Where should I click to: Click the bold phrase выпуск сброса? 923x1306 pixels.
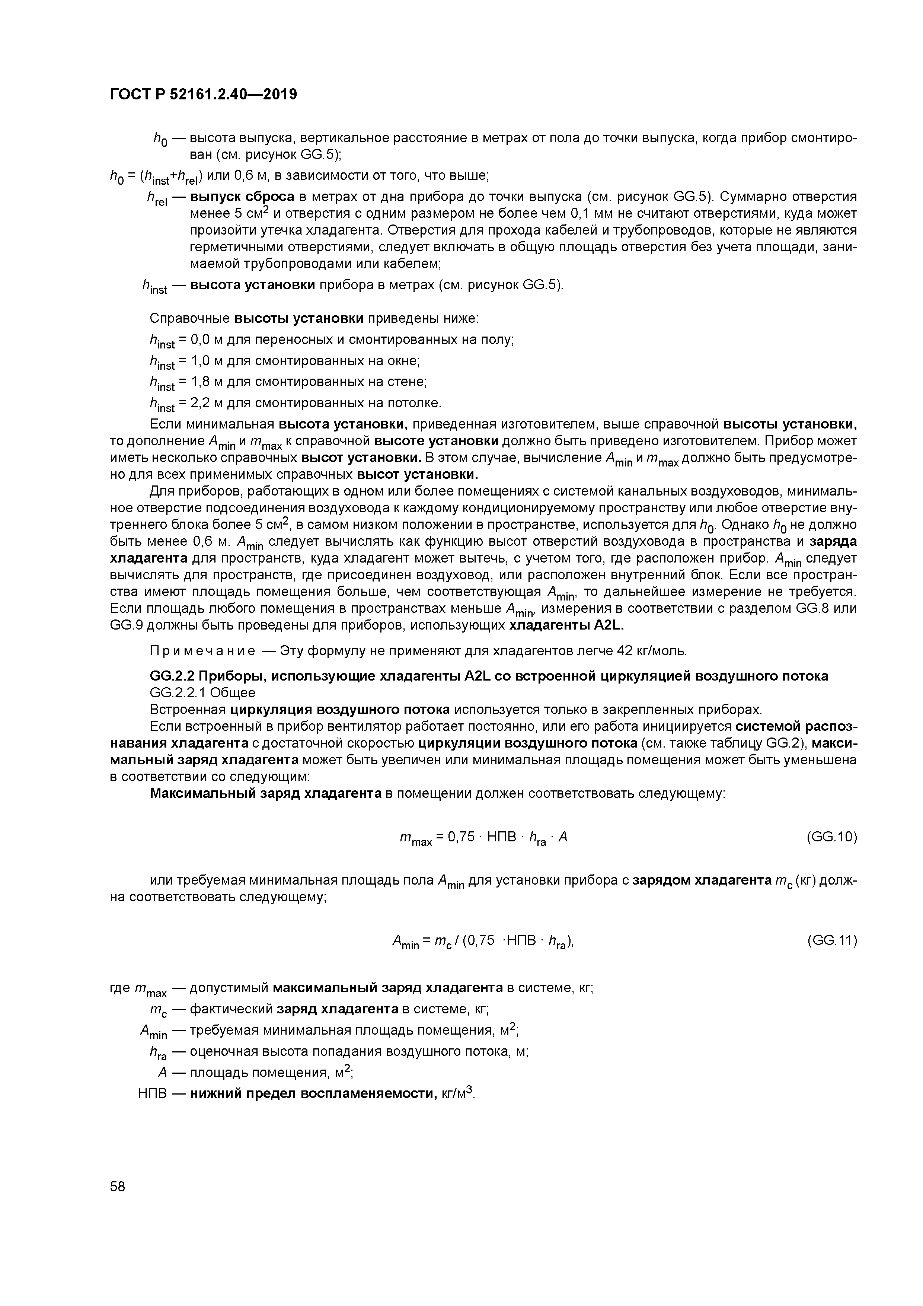[x=242, y=197]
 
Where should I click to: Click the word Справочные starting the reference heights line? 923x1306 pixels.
[x=189, y=318]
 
